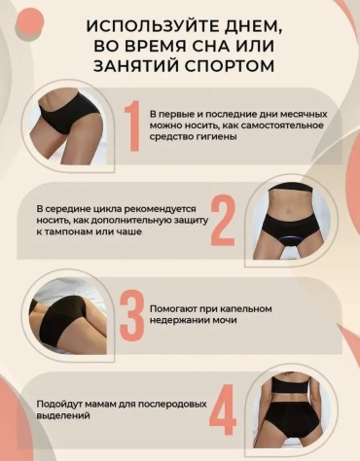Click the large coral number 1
click(133, 125)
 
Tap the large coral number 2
click(223, 220)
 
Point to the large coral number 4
click(223, 409)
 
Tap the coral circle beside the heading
click(29, 20)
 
